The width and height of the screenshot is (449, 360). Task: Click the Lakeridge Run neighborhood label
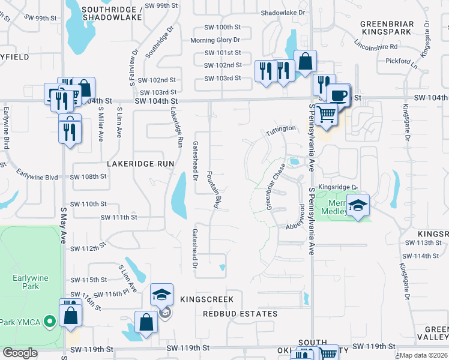[x=140, y=163]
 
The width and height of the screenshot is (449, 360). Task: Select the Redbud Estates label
[x=240, y=314]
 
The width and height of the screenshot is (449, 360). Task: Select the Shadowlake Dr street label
[x=283, y=13]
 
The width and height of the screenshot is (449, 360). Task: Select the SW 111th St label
[x=119, y=217]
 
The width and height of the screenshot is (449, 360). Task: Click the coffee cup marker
[x=338, y=95]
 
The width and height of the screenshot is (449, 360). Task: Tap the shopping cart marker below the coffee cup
[x=325, y=113]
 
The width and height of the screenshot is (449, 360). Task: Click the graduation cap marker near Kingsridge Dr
[x=358, y=206]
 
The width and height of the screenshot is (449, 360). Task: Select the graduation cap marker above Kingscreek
[x=161, y=295]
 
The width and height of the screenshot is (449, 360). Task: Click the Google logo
[x=20, y=353]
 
